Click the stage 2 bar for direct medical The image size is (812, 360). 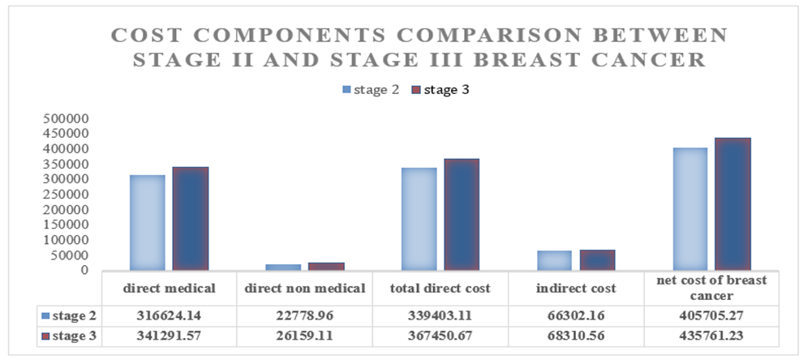[148, 223]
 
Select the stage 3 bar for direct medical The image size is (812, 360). [191, 219]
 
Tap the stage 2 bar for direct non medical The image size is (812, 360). [283, 268]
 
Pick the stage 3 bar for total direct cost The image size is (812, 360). [462, 214]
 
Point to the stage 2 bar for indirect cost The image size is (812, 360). [555, 260]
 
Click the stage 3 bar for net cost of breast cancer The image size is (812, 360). [733, 204]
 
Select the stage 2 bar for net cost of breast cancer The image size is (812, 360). [690, 208]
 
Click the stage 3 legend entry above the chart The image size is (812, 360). [440, 90]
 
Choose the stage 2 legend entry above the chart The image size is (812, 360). [371, 90]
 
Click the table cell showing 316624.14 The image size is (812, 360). [169, 315]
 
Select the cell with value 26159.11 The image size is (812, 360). [304, 336]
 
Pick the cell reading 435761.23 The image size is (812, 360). [711, 336]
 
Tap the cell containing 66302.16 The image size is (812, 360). [576, 315]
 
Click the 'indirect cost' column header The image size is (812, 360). [576, 289]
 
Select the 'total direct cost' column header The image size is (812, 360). [440, 289]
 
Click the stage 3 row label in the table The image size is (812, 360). [70, 336]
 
